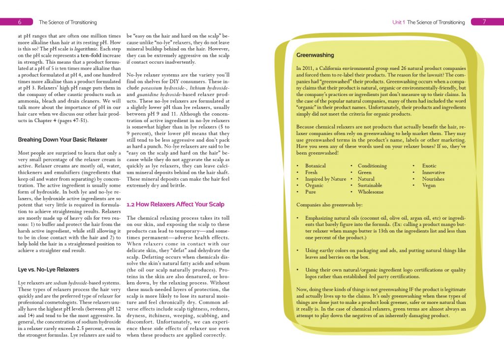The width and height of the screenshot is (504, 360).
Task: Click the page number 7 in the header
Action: (484, 22)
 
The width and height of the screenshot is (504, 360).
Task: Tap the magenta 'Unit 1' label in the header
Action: (399, 22)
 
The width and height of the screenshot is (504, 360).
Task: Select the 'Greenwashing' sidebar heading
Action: (315, 55)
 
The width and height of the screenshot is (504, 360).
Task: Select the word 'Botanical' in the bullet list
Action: (315, 166)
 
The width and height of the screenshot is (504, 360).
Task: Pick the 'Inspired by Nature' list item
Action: (325, 179)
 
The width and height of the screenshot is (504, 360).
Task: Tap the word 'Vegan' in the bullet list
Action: (429, 185)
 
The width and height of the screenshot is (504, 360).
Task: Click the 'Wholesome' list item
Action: (371, 192)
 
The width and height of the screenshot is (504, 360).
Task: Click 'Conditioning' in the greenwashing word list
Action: (372, 166)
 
